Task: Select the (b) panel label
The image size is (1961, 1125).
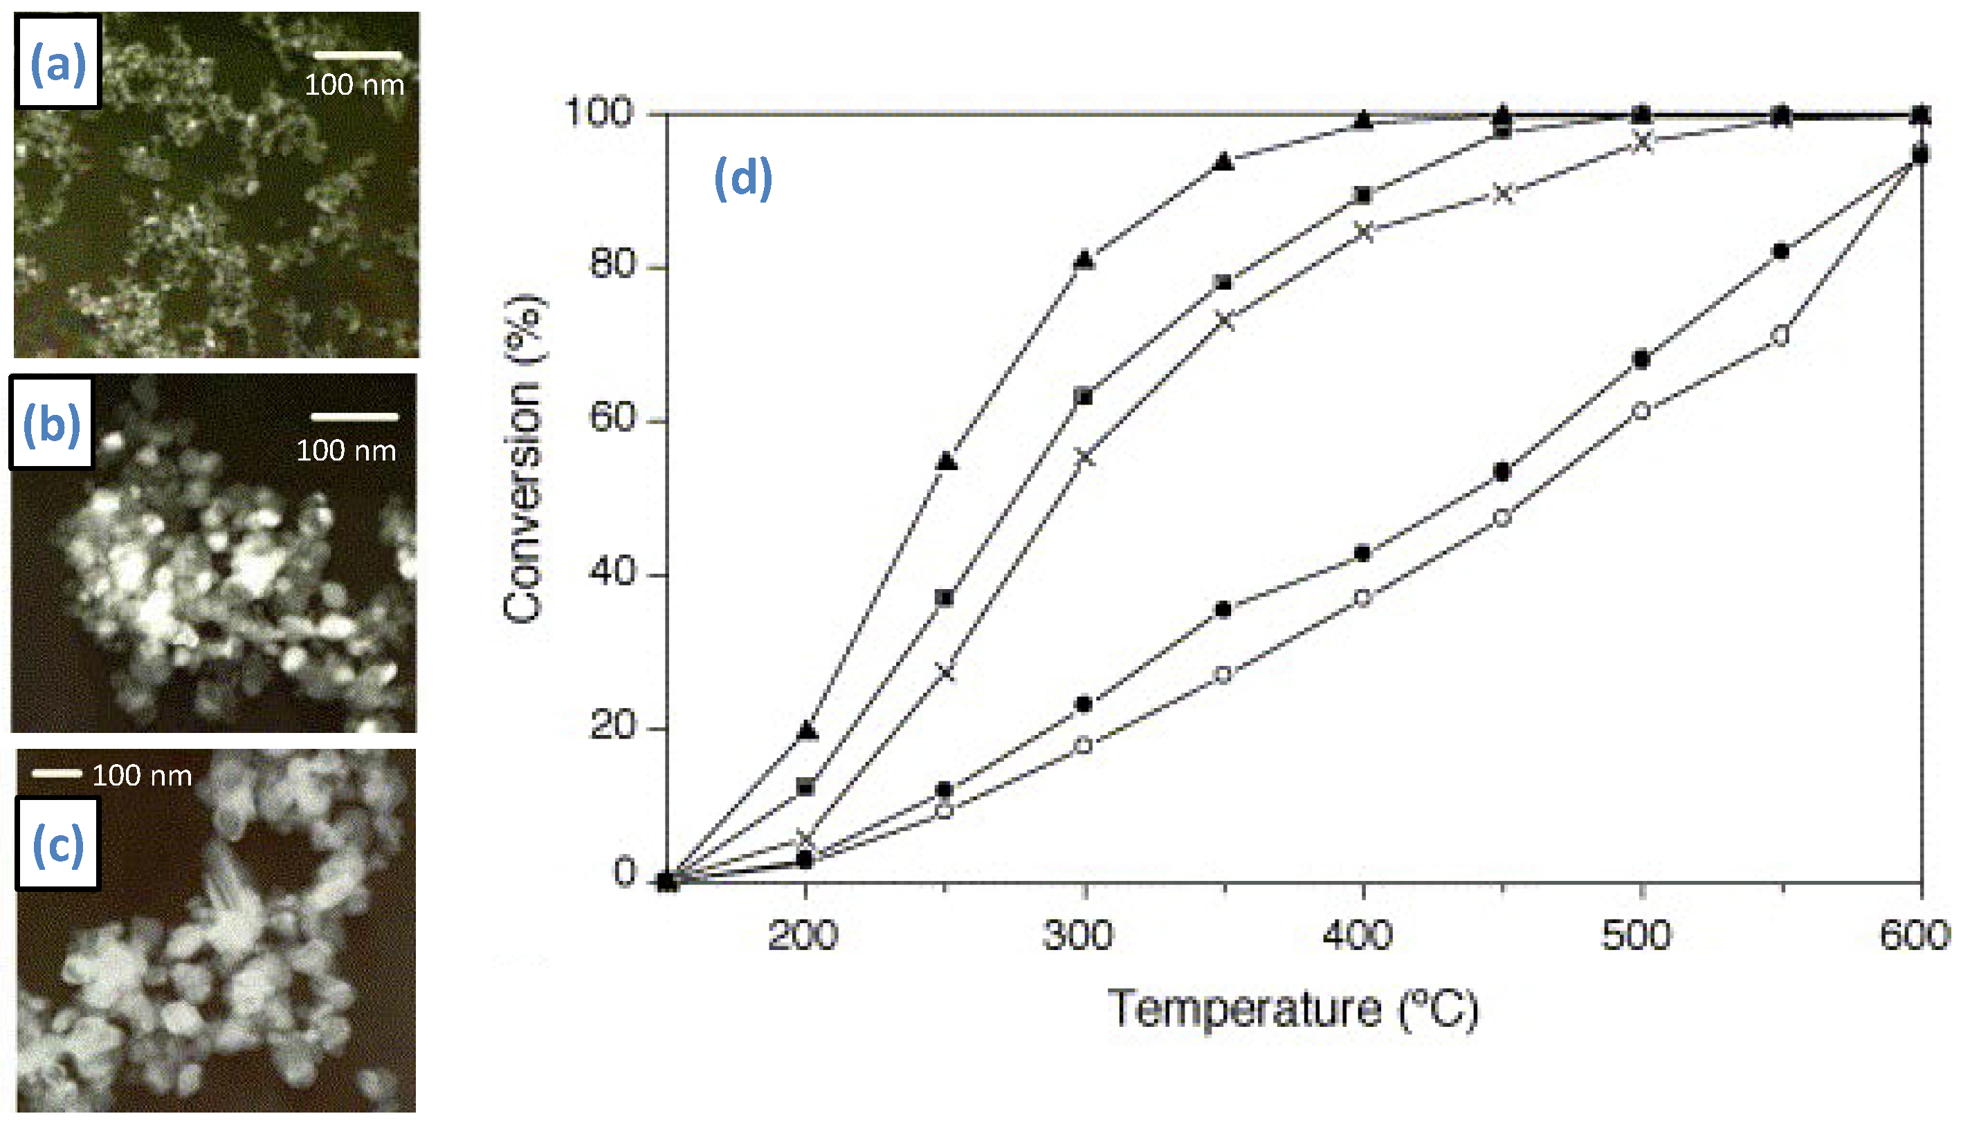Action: click(x=52, y=424)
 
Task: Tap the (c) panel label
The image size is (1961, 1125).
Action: click(x=58, y=844)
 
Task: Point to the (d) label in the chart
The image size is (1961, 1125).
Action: click(x=743, y=178)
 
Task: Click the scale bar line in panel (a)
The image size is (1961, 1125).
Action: click(x=358, y=55)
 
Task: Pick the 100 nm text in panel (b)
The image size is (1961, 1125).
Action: click(x=346, y=450)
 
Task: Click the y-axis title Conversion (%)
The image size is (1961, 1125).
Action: click(x=525, y=458)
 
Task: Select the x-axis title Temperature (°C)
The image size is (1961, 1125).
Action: click(x=1293, y=1009)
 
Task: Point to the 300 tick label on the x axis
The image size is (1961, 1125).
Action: click(x=1078, y=936)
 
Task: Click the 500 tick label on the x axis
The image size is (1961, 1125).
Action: click(x=1636, y=936)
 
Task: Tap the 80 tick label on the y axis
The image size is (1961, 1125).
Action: click(x=612, y=265)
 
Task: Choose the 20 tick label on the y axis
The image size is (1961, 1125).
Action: click(x=612, y=726)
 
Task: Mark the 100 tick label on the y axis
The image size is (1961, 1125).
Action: click(x=600, y=112)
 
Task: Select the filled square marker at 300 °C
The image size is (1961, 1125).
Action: click(x=1084, y=397)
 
